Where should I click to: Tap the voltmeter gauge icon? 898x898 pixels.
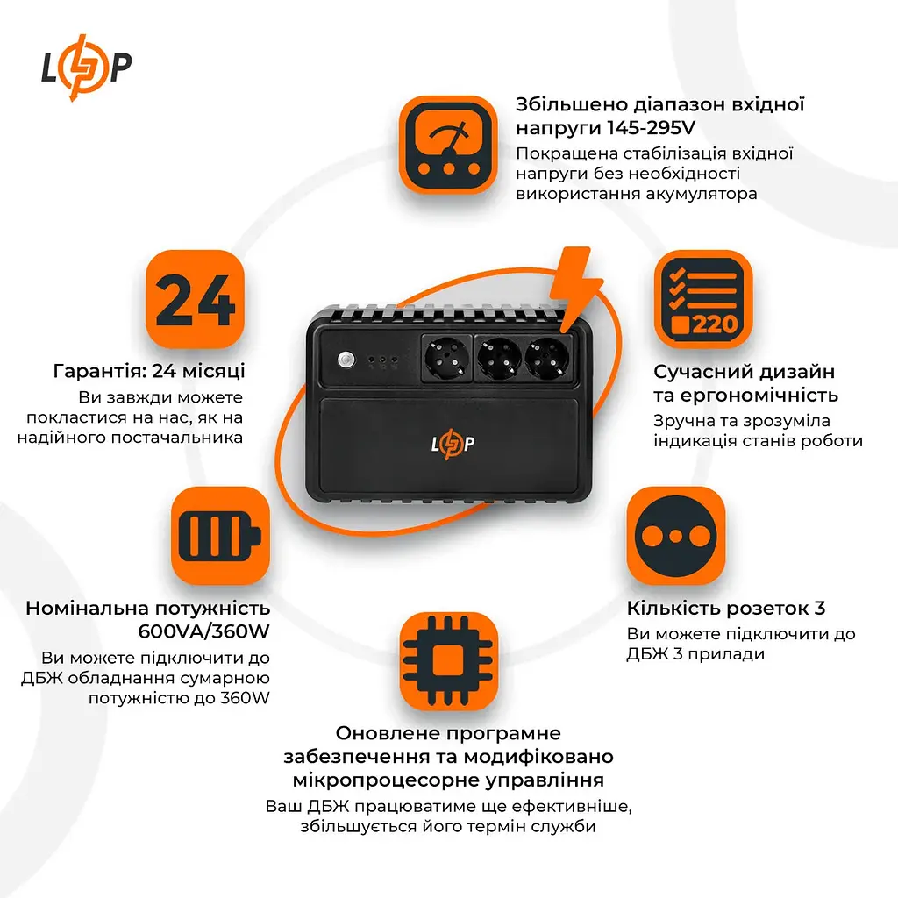pyautogui.click(x=449, y=145)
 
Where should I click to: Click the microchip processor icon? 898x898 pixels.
pyautogui.click(x=449, y=659)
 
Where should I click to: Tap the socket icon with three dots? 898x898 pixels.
pyautogui.click(x=676, y=536)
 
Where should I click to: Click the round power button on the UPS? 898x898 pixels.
pyautogui.click(x=345, y=360)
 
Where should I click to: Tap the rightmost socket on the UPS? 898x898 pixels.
pyautogui.click(x=550, y=360)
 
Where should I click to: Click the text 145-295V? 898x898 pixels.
pyautogui.click(x=651, y=129)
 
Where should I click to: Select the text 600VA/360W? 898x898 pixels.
pyautogui.click(x=204, y=631)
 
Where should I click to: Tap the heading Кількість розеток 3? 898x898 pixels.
pyautogui.click(x=726, y=608)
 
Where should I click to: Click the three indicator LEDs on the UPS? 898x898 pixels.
pyautogui.click(x=383, y=360)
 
